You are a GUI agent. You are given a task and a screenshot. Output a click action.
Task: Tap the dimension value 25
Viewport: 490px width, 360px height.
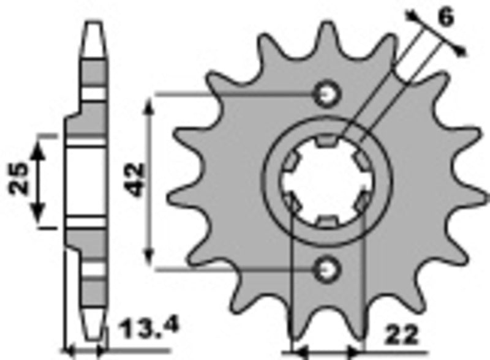click(18, 179)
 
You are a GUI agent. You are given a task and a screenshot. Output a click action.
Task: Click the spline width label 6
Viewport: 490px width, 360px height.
click(446, 18)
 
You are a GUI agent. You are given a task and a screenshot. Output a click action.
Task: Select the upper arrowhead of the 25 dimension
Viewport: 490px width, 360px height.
click(39, 145)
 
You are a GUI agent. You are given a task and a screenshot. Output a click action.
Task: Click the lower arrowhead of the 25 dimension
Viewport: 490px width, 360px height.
click(39, 214)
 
